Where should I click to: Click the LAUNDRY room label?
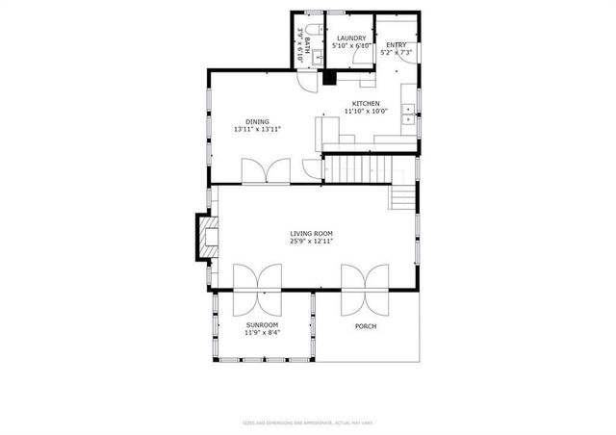pos(350,38)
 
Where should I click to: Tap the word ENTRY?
pos(396,45)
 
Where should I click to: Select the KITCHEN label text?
pos(366,104)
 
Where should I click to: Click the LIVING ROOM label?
pos(311,233)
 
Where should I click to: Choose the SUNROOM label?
pos(262,326)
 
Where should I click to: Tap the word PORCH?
pos(366,326)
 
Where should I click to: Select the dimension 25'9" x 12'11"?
pos(311,242)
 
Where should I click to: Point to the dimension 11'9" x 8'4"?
pos(262,334)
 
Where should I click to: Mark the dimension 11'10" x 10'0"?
pos(366,112)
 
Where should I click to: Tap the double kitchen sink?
pos(409,115)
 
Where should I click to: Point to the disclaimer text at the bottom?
pos(308,422)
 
